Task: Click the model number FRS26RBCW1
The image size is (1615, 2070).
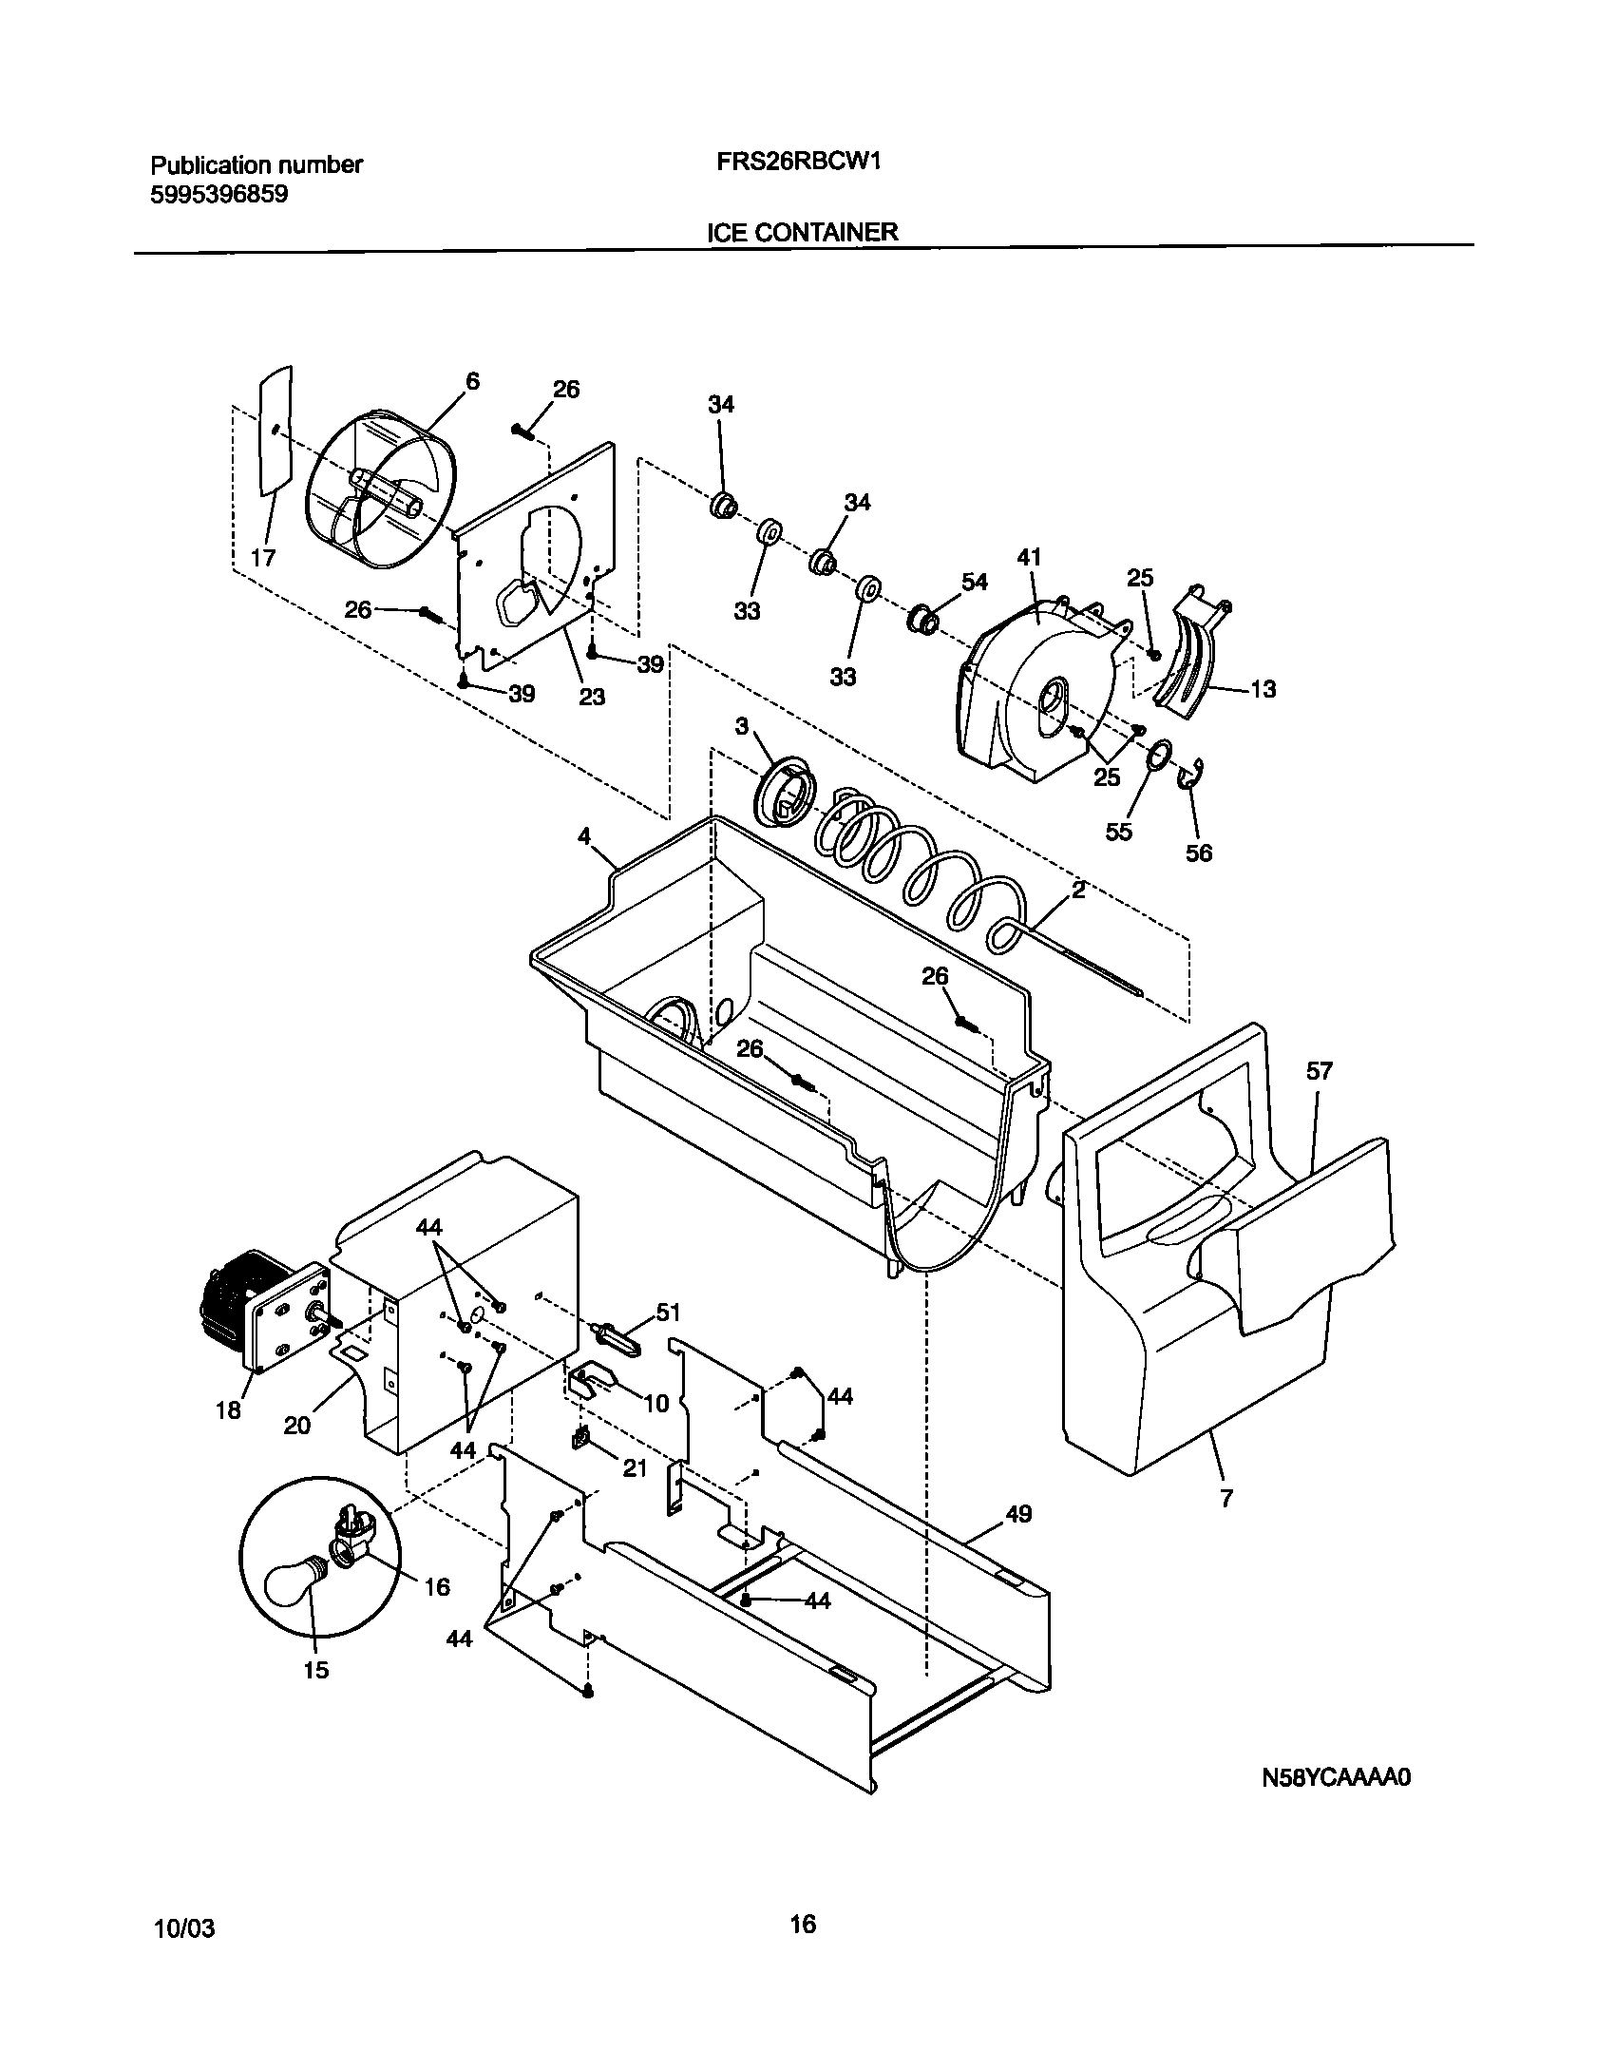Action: point(798,162)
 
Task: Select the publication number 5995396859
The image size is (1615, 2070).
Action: point(219,195)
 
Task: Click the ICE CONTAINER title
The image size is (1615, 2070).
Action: point(803,232)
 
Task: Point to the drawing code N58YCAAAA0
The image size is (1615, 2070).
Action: point(1335,1777)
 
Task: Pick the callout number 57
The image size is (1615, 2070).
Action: point(1319,1072)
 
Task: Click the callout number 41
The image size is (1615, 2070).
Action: point(1030,558)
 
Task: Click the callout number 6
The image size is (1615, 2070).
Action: point(472,381)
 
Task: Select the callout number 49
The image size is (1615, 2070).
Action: point(1018,1514)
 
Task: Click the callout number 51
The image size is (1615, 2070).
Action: point(668,1313)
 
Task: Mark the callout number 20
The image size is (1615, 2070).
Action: point(296,1426)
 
